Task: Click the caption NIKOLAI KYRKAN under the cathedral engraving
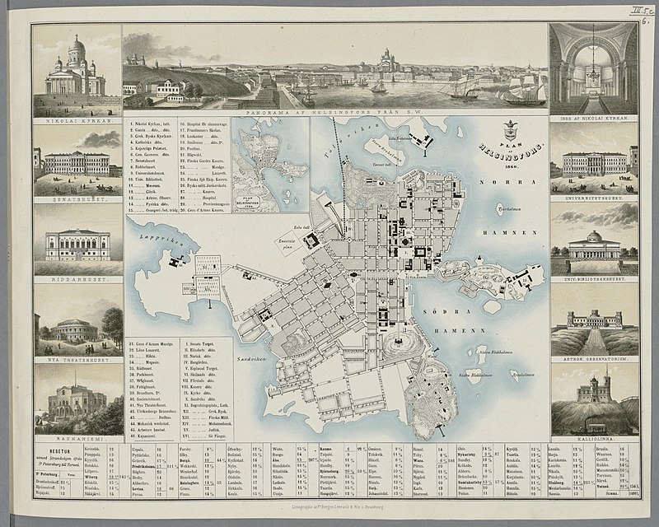click(75, 117)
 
